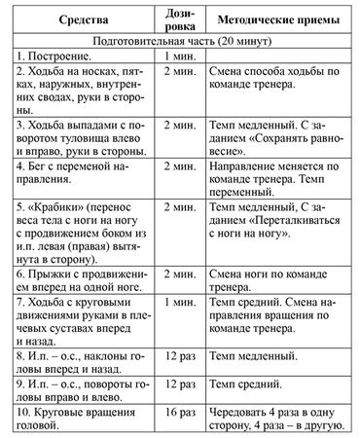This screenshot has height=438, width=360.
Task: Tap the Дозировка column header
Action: (182, 20)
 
